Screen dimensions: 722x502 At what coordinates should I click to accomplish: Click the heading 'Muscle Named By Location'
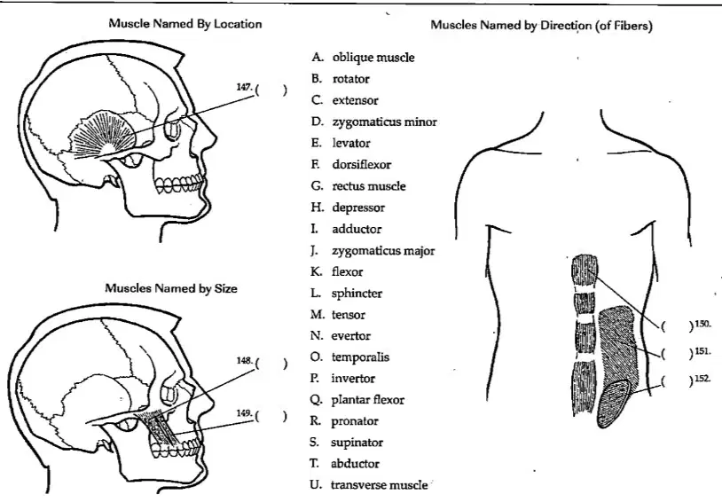click(185, 24)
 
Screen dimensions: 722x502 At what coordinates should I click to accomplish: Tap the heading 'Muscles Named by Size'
click(171, 288)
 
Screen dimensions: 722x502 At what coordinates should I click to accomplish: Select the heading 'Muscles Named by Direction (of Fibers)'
click(541, 26)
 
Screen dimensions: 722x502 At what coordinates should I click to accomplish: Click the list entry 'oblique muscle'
click(373, 58)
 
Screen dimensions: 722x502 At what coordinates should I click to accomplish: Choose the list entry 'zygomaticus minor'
click(384, 122)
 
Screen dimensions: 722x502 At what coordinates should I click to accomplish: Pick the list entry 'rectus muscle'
click(369, 186)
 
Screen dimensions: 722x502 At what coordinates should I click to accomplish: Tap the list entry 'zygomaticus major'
click(383, 251)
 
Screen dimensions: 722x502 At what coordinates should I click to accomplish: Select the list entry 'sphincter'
click(357, 294)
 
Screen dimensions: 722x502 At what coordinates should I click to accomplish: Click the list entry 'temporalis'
click(360, 357)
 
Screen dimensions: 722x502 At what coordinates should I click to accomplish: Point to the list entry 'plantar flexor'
click(367, 400)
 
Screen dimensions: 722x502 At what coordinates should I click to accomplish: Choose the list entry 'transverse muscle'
click(379, 485)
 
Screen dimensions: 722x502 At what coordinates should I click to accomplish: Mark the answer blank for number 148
click(271, 364)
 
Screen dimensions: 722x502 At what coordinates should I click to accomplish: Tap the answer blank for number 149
click(271, 416)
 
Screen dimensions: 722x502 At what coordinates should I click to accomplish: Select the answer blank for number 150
click(677, 326)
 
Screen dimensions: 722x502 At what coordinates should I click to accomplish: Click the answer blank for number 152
click(677, 381)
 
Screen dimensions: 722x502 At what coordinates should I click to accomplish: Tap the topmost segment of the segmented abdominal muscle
click(585, 270)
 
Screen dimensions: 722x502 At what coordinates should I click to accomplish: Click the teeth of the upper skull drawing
click(178, 184)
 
